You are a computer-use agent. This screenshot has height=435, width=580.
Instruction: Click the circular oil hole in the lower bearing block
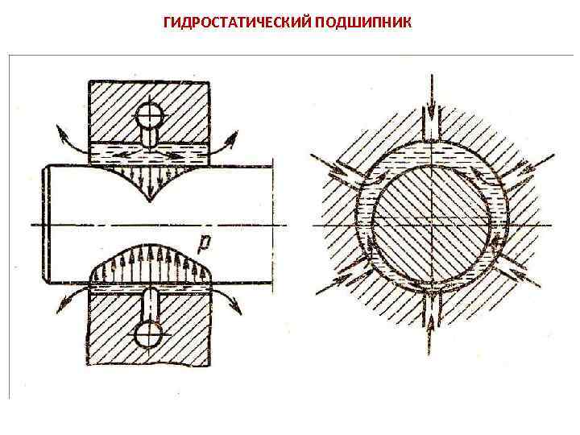point(149,333)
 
